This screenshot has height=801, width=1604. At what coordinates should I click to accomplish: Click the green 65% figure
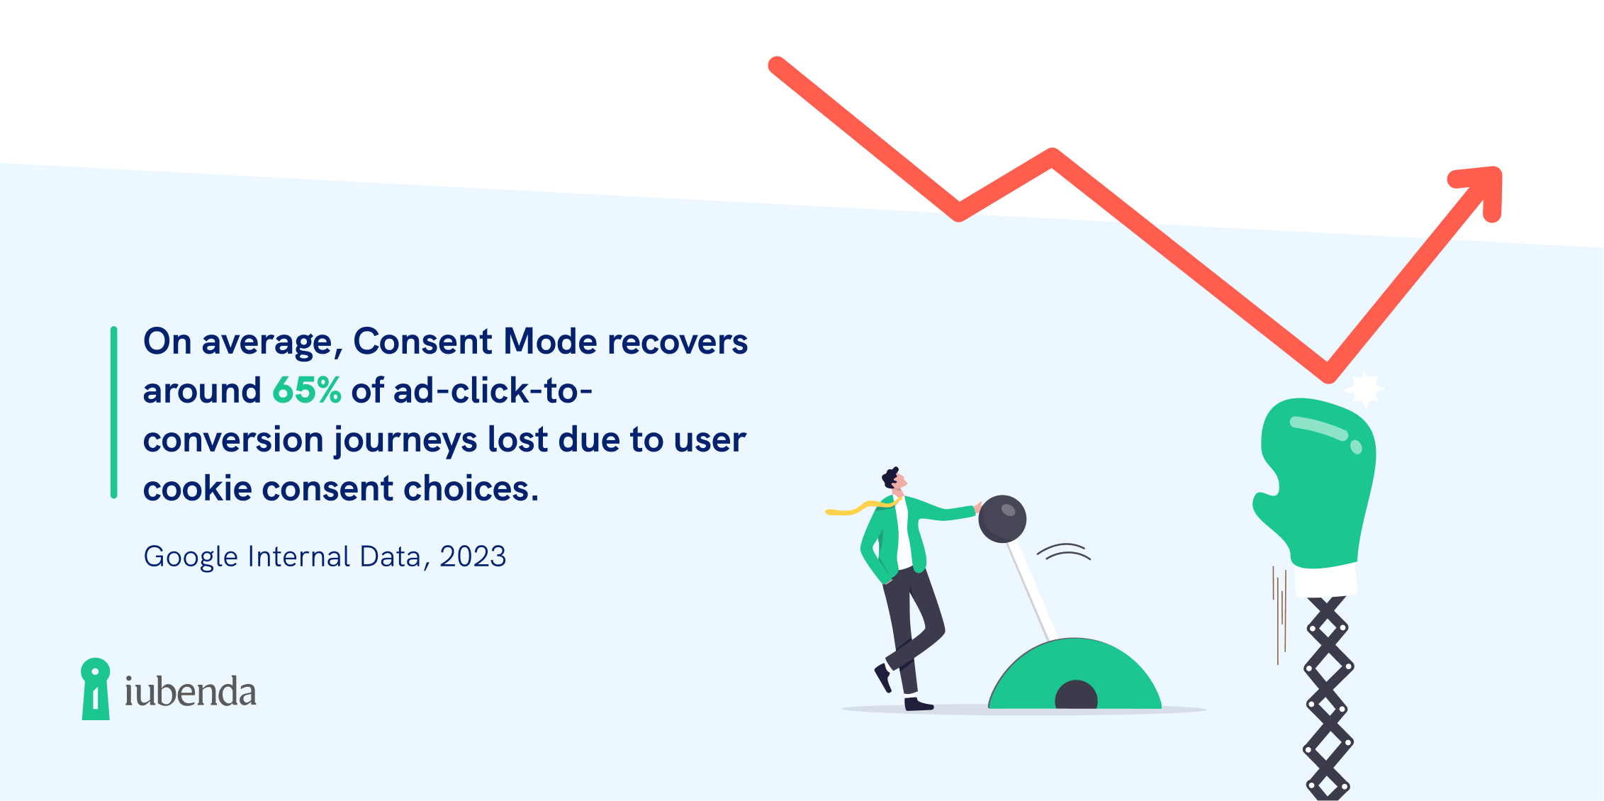tap(307, 391)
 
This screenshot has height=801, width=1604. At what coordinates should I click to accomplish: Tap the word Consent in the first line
tap(422, 341)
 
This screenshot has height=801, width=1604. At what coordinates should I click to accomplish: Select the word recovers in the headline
tap(678, 342)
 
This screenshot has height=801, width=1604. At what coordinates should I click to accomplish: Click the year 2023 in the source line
tap(473, 557)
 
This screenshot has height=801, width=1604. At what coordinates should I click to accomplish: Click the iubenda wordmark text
tap(191, 691)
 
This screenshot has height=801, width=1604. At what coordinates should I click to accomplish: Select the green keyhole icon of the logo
tap(96, 689)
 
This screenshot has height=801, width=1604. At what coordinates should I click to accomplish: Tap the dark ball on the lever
tap(1002, 519)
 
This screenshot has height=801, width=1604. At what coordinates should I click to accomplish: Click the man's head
tap(894, 479)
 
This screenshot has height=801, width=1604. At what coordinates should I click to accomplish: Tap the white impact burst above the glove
tap(1364, 389)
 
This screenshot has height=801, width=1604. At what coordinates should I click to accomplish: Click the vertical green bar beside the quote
tap(113, 413)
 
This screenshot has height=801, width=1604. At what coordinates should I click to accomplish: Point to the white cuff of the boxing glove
tap(1325, 580)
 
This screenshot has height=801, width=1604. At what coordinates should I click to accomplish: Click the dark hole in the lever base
tap(1076, 695)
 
